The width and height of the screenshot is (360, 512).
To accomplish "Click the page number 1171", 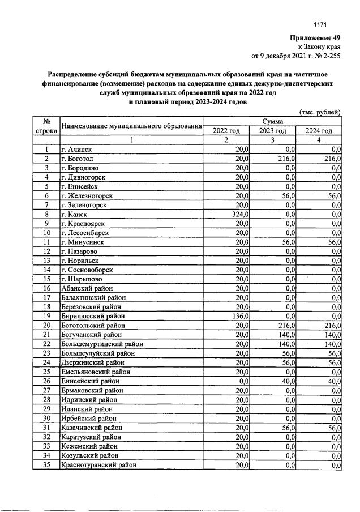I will point(321,24).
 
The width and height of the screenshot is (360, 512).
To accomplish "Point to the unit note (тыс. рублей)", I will point(320,112).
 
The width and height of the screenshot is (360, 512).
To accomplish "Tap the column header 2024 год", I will point(319,131).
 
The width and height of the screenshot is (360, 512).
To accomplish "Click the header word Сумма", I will point(272,122).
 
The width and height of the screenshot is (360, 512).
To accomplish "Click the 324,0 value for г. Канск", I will point(241,214).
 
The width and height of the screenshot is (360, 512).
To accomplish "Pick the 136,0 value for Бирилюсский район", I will point(241,316).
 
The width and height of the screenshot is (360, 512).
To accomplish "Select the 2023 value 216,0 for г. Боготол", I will point(288,159).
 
